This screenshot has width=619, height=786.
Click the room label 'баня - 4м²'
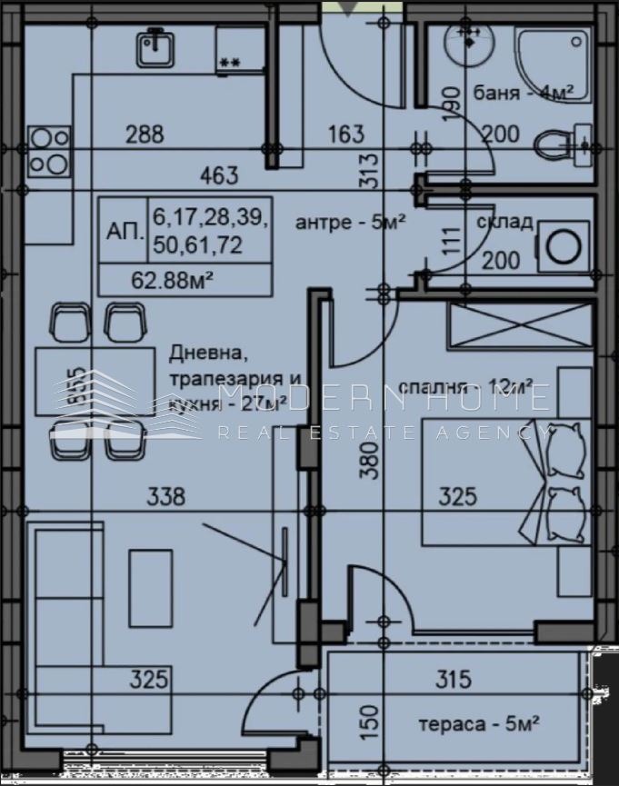(x=524, y=95)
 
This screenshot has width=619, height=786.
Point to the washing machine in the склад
(x=557, y=246)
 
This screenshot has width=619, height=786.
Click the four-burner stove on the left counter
(x=49, y=151)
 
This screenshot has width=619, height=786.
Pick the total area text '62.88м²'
(x=173, y=280)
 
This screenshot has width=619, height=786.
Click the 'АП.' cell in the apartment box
(x=124, y=232)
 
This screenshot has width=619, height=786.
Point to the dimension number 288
(x=145, y=134)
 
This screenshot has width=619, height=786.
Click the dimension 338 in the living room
(x=165, y=496)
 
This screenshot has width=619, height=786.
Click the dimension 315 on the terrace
(x=454, y=678)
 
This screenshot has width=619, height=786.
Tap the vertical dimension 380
(x=367, y=466)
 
